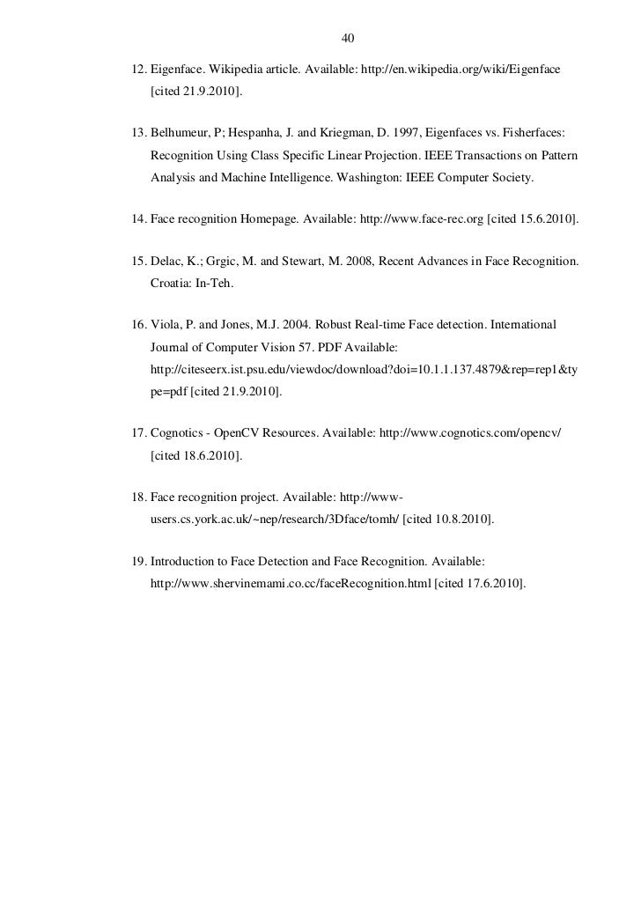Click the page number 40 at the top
click(346, 39)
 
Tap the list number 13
click(137, 131)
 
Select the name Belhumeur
click(182, 131)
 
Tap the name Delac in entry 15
click(168, 262)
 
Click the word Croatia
click(173, 285)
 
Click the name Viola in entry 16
click(167, 325)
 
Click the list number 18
click(137, 497)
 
